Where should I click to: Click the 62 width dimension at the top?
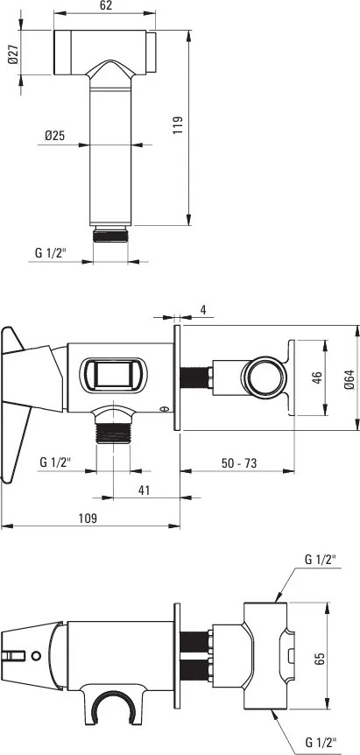click(106, 6)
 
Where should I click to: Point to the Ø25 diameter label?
click(54, 136)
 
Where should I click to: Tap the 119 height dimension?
click(177, 125)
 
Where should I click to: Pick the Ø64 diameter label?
click(349, 378)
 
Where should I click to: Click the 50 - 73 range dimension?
click(239, 463)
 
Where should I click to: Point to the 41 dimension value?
click(144, 490)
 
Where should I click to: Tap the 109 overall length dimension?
click(89, 519)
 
